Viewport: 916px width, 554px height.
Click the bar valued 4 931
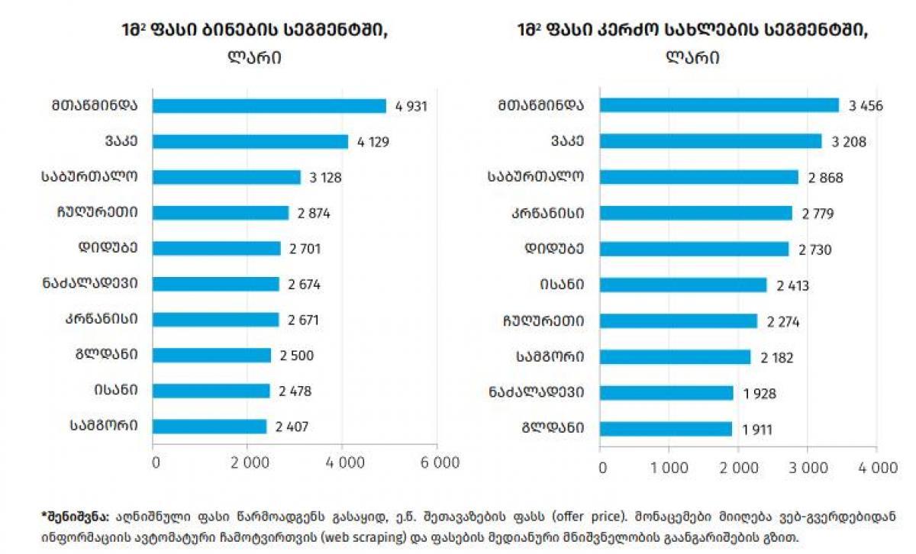click(269, 106)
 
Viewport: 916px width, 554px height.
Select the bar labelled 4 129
click(250, 142)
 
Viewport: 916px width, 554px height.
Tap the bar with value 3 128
click(227, 177)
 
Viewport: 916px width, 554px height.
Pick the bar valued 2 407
click(210, 426)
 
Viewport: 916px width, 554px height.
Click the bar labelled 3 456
click(719, 105)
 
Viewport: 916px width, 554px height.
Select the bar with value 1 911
click(666, 429)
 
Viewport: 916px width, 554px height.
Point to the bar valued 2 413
click(683, 285)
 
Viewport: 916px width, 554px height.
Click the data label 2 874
click(314, 213)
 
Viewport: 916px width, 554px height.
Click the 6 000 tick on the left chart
click(437, 463)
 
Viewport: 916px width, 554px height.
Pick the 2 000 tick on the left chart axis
click(247, 463)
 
